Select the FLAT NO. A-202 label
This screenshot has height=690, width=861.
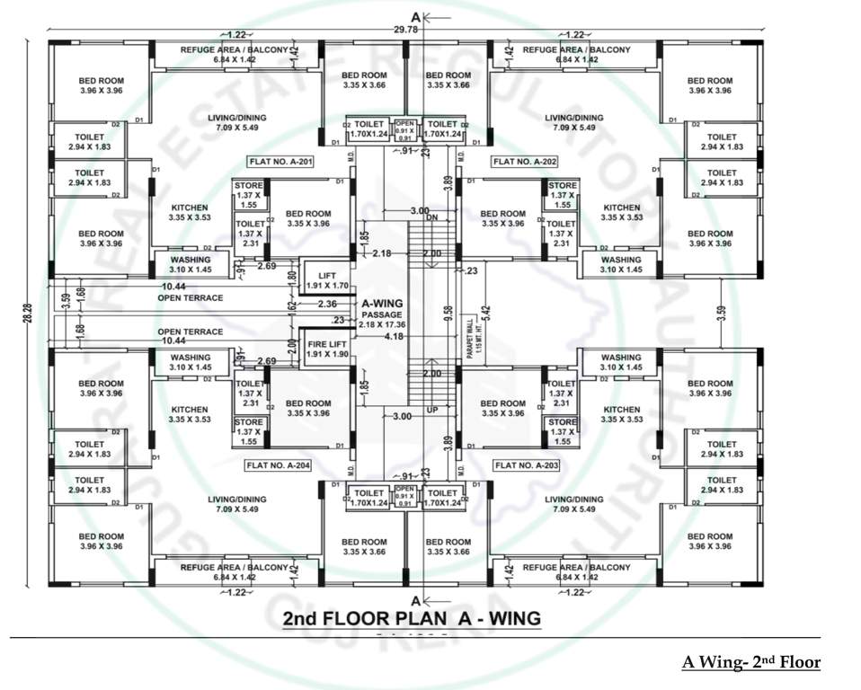[x=524, y=162]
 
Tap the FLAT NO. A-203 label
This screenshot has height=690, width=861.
[x=526, y=465]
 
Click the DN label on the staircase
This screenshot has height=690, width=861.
[x=432, y=218]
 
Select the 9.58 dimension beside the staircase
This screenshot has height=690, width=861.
[x=447, y=314]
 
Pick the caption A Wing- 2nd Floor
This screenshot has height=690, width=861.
[x=750, y=663]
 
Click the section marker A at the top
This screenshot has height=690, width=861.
[x=415, y=17]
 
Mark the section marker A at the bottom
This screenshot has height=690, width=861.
[x=415, y=599]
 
